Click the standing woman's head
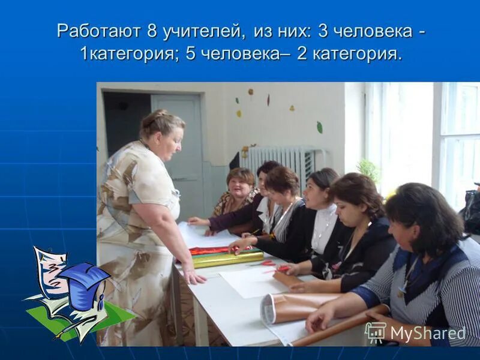163,133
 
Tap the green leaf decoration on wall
319,127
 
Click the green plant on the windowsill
368,170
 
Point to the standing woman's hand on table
193,277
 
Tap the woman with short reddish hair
239,185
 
